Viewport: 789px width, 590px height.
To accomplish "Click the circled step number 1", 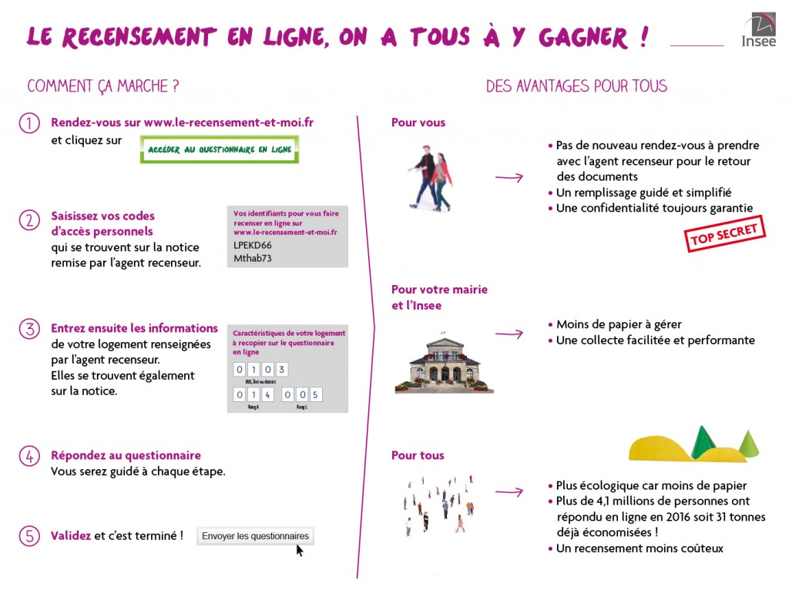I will pos(29,123).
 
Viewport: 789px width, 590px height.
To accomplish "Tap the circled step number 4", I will pos(29,456).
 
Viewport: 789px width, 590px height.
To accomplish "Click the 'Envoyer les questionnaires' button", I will pos(255,536).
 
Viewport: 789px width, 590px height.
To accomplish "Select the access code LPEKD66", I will pos(252,245).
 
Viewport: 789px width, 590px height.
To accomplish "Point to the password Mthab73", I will pos(252,258).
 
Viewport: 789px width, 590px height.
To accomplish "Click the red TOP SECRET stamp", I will pos(725,234).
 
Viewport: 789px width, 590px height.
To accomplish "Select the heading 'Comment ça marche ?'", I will pos(103,86).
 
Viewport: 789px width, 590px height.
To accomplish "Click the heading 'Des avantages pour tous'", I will pos(576,86).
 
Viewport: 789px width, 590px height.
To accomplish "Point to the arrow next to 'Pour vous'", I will pos(509,178).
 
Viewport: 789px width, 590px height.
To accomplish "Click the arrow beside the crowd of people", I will pos(509,491).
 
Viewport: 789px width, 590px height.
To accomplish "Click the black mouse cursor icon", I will pos(300,549).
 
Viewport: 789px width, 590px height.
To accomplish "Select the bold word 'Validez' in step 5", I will pos(71,535).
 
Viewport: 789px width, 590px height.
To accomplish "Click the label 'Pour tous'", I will pos(418,455).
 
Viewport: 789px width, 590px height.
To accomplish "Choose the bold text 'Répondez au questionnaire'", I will pos(126,455).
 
